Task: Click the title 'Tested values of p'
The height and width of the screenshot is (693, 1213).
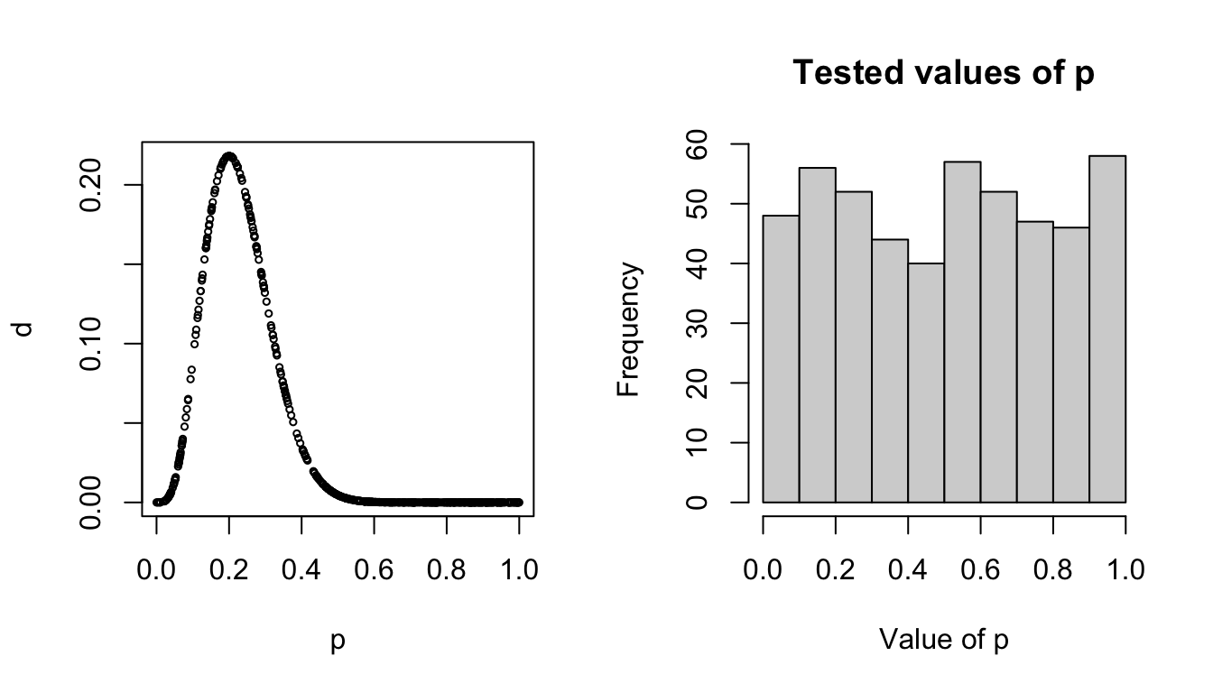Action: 943,74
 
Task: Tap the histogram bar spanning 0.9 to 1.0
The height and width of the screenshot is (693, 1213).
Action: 1107,329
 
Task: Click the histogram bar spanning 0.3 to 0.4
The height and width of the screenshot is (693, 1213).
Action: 890,370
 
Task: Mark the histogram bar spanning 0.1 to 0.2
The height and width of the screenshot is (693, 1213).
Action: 817,335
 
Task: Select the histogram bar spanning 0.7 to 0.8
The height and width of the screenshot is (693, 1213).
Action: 1035,362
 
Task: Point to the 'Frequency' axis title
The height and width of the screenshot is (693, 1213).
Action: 628,329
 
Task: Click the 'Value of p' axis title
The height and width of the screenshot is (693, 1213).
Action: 943,640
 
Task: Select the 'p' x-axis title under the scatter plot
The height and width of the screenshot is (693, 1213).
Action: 338,642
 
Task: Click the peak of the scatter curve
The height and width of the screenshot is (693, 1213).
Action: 229,156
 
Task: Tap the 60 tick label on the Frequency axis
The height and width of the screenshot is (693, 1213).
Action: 697,144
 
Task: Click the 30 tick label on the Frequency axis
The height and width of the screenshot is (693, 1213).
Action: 697,323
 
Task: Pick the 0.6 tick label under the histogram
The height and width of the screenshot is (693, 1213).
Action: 980,570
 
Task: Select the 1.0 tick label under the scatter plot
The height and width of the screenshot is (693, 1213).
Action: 518,570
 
